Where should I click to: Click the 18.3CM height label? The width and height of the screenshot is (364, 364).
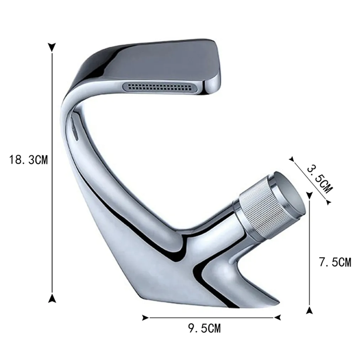coord(28,160)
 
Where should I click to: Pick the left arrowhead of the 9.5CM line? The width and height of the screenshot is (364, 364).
coord(145,317)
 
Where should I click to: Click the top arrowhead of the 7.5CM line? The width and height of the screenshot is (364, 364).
coord(310,194)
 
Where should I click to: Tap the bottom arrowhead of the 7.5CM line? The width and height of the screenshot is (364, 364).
coord(310,310)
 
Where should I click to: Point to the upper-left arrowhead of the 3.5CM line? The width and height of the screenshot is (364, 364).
coord(293,160)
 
